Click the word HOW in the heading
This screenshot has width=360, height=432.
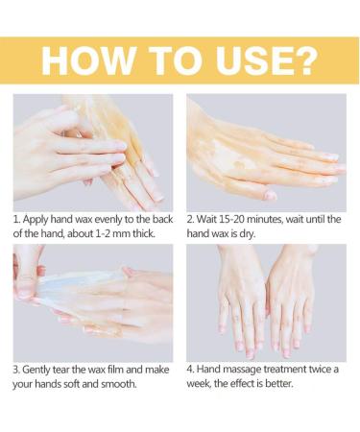coord(87,61)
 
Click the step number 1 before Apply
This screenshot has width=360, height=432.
coord(16,220)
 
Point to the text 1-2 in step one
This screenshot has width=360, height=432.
coord(105,233)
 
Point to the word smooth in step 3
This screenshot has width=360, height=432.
coord(119,384)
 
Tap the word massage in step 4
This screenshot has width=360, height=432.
coord(242,370)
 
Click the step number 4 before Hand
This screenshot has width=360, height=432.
coord(191,370)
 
